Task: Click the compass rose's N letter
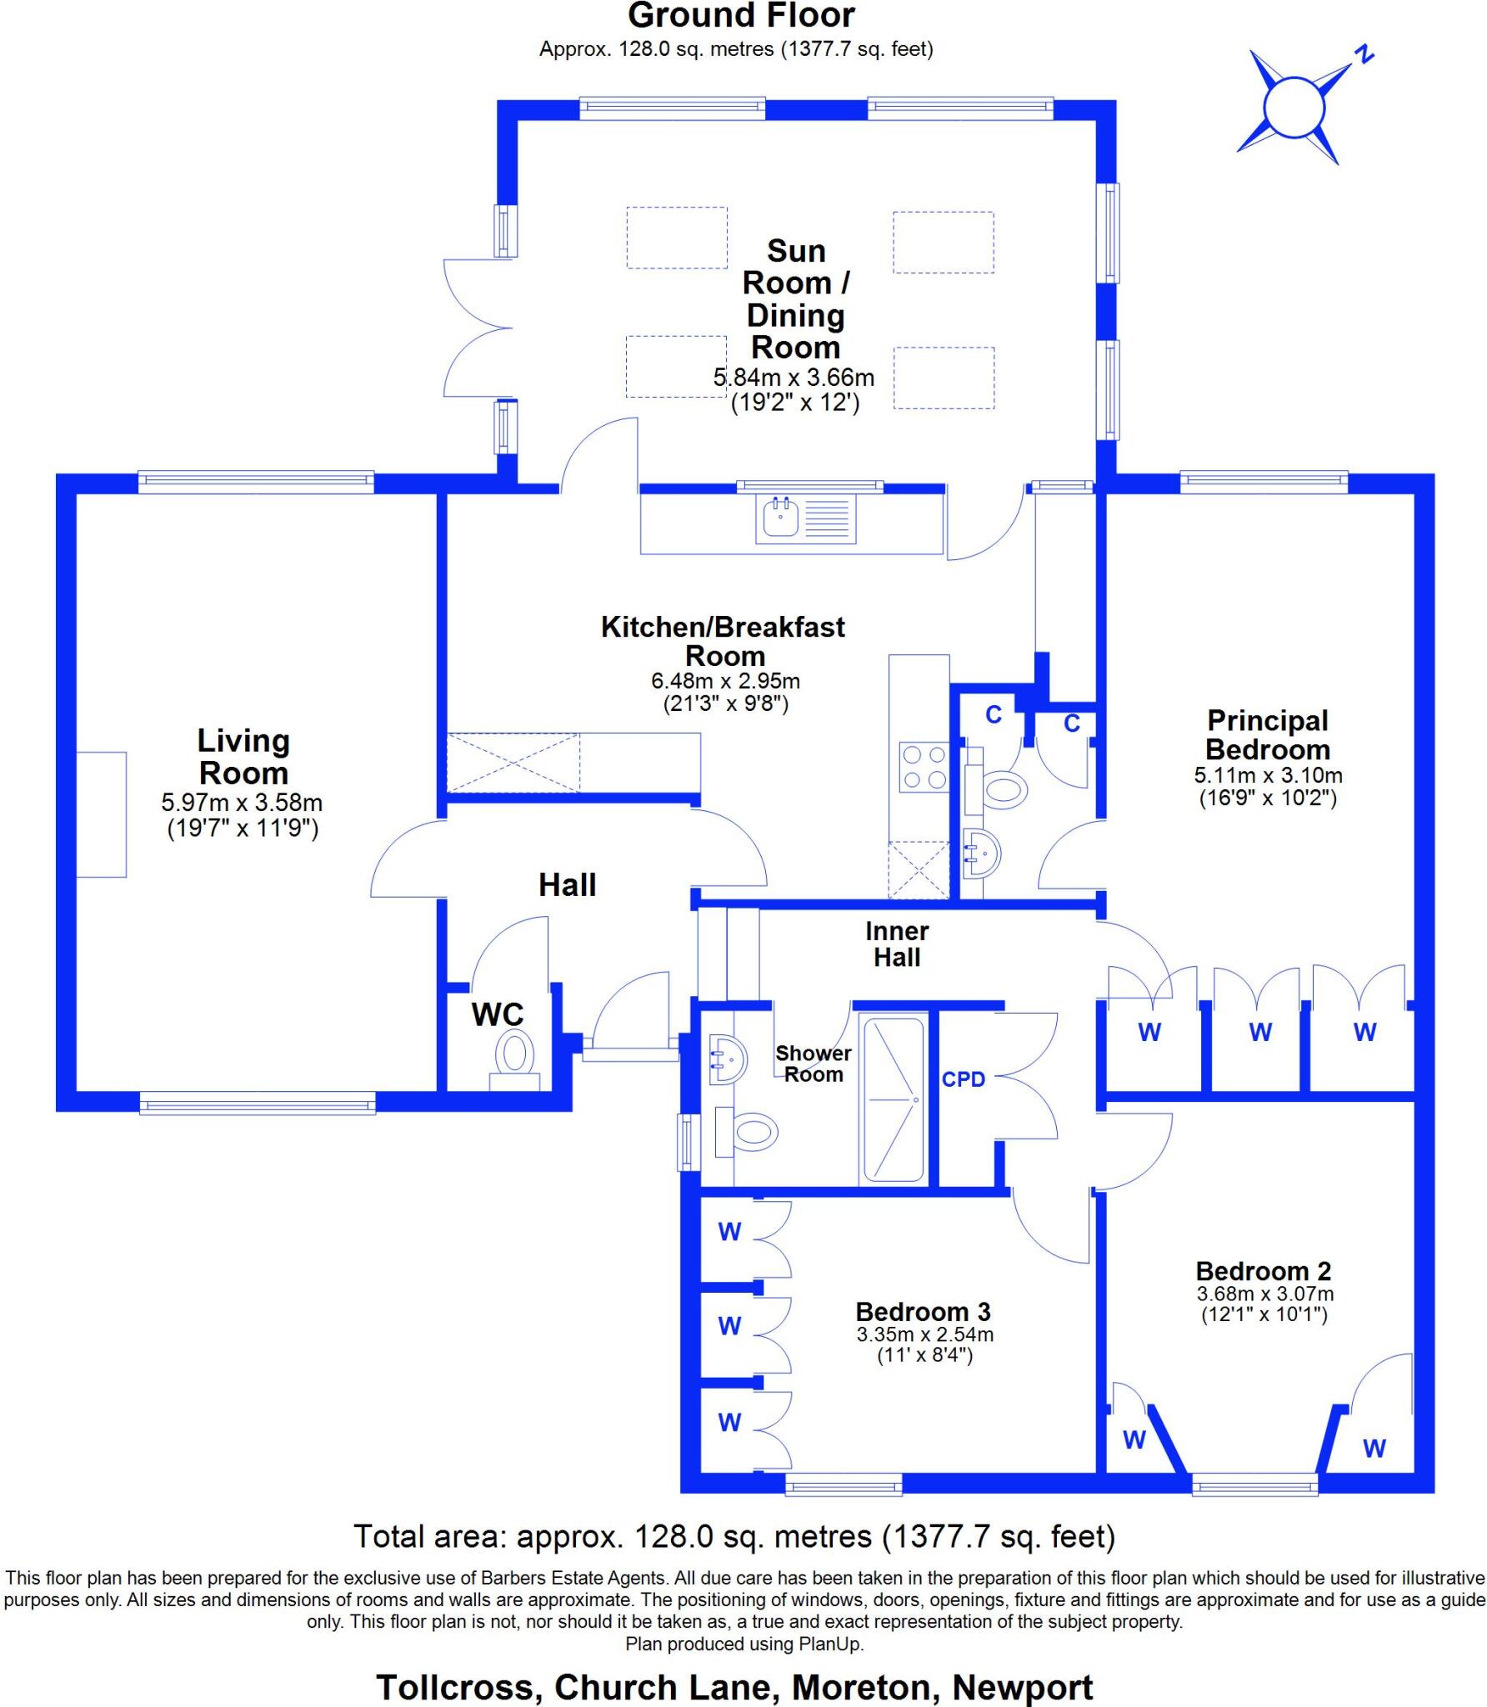pyautogui.click(x=1364, y=55)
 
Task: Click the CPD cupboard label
pyautogui.click(x=964, y=1079)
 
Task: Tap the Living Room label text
pyautogui.click(x=243, y=756)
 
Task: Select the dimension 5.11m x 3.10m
pyautogui.click(x=1268, y=775)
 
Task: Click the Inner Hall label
pyautogui.click(x=897, y=944)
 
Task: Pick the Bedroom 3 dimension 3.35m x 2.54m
pyautogui.click(x=925, y=1334)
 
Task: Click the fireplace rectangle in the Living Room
pyautogui.click(x=102, y=814)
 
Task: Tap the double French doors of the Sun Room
pyautogui.click(x=477, y=328)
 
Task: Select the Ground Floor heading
pyautogui.click(x=741, y=16)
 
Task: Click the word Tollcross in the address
pyautogui.click(x=454, y=1687)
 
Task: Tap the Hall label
pyautogui.click(x=567, y=884)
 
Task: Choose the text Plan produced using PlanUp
pyautogui.click(x=744, y=1644)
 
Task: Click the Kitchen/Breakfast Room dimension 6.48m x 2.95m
pyautogui.click(x=725, y=681)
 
